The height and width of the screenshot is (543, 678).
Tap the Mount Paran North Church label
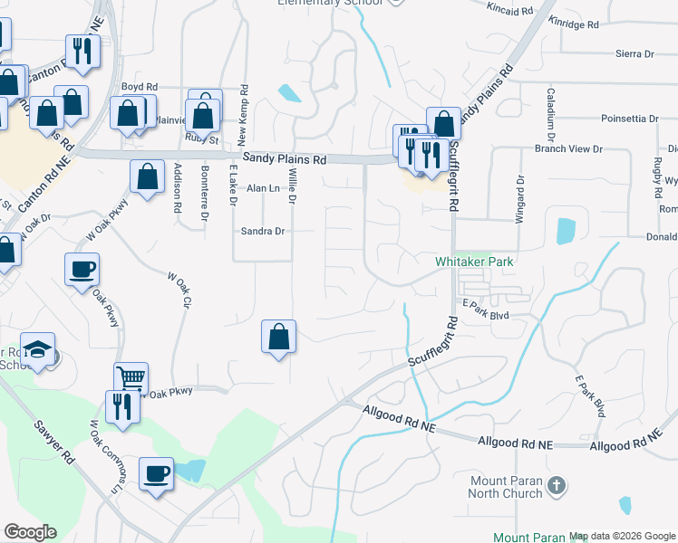(x=506, y=487)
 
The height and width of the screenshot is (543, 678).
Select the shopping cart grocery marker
(x=131, y=377)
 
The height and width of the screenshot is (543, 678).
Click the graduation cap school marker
(x=38, y=349)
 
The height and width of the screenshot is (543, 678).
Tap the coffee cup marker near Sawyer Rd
(x=156, y=473)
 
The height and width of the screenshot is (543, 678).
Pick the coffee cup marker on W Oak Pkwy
(x=82, y=269)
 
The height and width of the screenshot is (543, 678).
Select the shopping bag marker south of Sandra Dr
(x=280, y=337)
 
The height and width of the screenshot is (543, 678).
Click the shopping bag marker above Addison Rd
(x=147, y=176)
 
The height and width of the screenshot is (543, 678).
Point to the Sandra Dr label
(x=263, y=232)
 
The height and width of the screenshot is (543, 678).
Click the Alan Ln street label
(x=264, y=188)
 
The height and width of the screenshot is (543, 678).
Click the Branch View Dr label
(x=568, y=148)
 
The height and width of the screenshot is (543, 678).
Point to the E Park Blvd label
(x=486, y=315)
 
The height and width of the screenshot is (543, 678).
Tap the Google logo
(x=30, y=532)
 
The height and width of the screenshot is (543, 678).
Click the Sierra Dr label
(x=634, y=54)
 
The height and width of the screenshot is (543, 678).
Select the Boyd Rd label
(x=140, y=88)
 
